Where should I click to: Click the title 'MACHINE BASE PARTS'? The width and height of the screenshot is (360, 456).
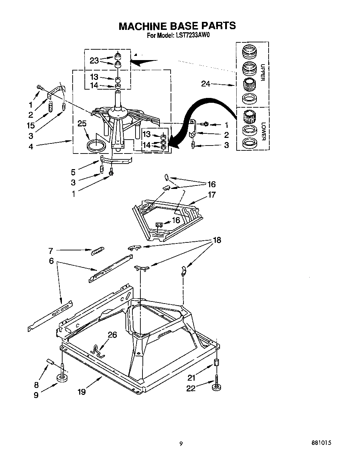(x=177, y=26)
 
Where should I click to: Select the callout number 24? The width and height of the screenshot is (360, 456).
(x=206, y=84)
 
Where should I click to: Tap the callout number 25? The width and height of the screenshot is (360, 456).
(x=82, y=124)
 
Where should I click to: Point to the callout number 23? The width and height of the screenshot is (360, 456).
(x=94, y=60)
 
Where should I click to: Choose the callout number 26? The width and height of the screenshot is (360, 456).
(x=112, y=335)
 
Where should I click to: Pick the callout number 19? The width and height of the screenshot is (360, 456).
(x=81, y=392)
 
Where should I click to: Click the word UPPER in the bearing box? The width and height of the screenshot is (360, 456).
(x=262, y=72)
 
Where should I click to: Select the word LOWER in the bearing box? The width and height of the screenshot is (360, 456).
(x=263, y=131)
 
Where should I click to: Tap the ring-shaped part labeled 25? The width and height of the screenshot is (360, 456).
(x=96, y=145)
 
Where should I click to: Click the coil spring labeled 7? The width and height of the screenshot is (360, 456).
(x=97, y=251)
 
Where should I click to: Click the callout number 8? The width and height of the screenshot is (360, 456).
(x=36, y=384)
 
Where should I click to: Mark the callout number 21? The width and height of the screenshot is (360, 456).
(x=191, y=378)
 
